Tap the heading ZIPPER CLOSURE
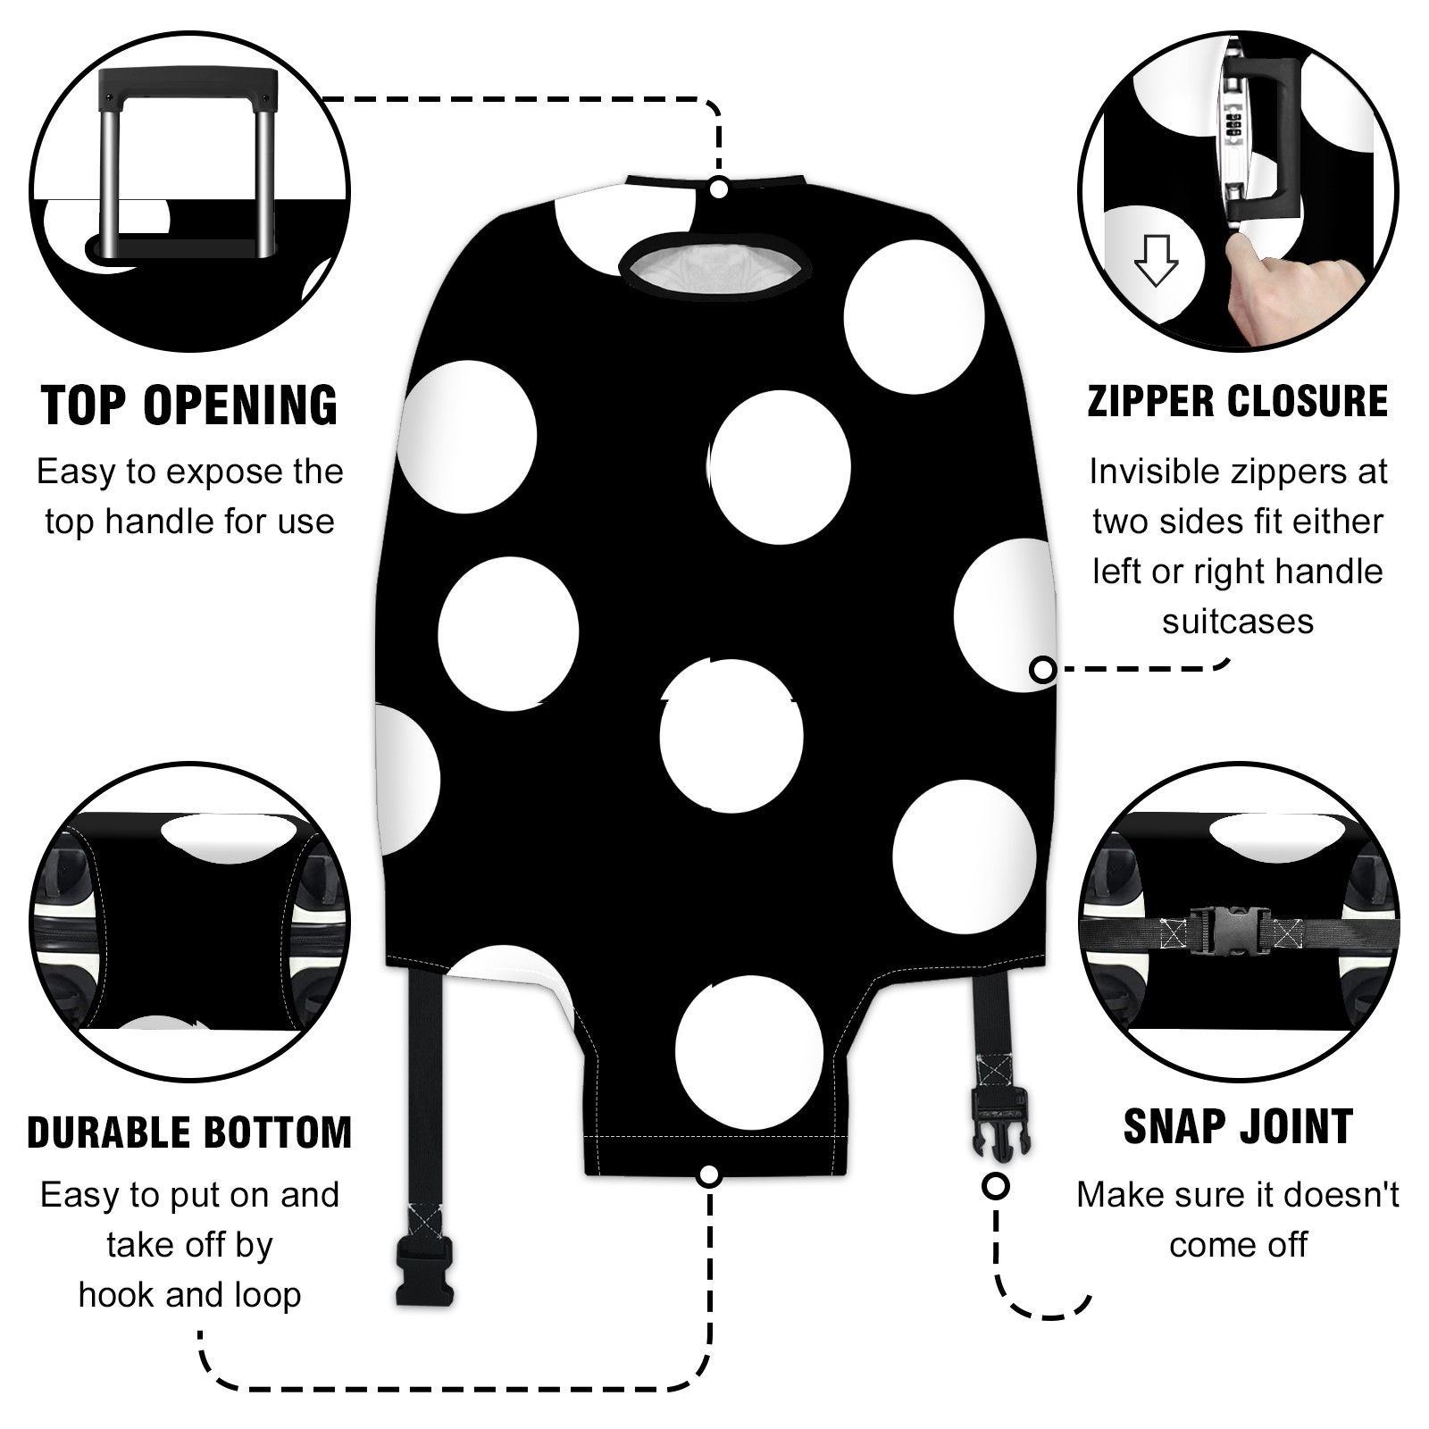[x=1238, y=401]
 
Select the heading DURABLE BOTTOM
[x=189, y=1132]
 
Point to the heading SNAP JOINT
[x=1238, y=1126]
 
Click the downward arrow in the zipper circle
[x=1156, y=260]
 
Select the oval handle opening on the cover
[x=714, y=265]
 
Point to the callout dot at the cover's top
[x=719, y=189]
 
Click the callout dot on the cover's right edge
[x=1042, y=669]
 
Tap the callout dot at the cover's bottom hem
[x=709, y=1175]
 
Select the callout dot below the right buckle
[x=996, y=1187]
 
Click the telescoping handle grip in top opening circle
[x=188, y=86]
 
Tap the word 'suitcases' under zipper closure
[x=1238, y=622]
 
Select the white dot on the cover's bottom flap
[x=748, y=1052]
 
